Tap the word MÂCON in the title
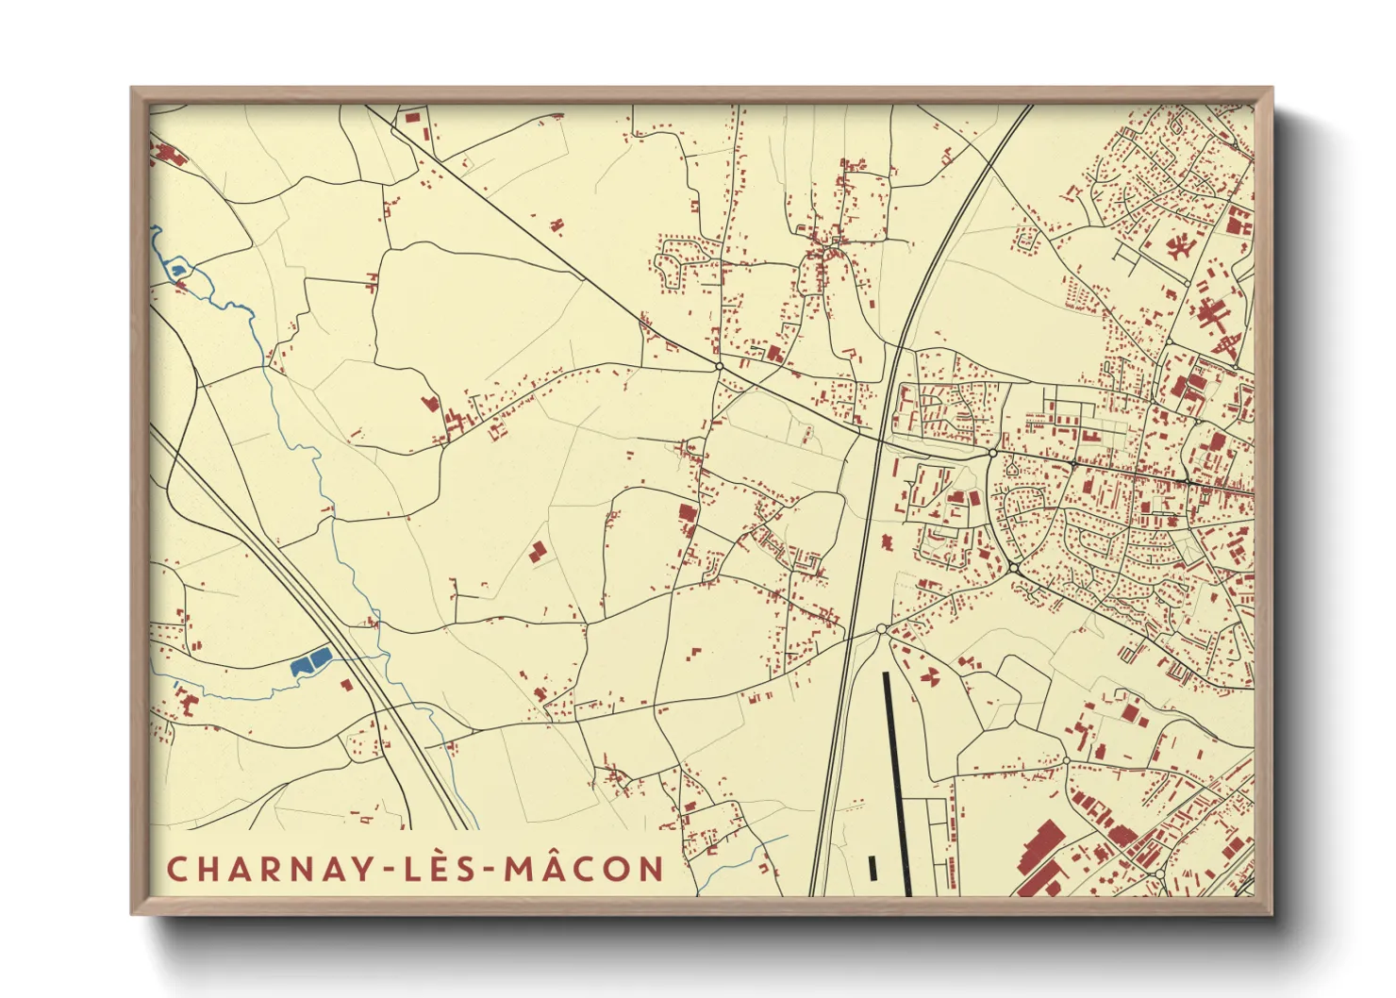(585, 869)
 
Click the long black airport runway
(897, 783)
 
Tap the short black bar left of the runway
(872, 868)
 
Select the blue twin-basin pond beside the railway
(310, 661)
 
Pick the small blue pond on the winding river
(177, 272)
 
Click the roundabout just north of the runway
(881, 629)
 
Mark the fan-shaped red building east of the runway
(929, 675)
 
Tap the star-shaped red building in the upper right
(1178, 247)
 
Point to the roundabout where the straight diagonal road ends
(719, 366)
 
